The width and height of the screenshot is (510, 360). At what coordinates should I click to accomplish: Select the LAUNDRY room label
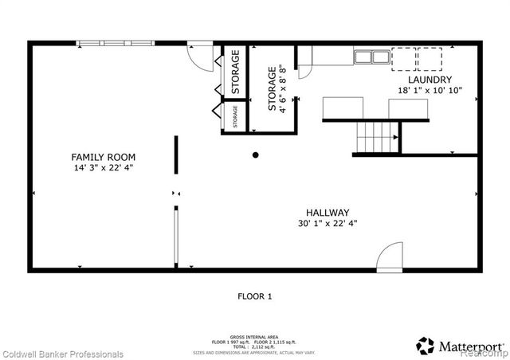(430, 80)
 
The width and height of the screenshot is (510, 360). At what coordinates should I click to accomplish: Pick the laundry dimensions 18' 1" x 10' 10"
(430, 91)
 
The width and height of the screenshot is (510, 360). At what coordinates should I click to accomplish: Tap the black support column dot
(256, 155)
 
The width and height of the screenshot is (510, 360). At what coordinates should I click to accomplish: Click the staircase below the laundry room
(375, 139)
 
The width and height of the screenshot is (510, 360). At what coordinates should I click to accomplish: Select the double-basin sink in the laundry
(368, 57)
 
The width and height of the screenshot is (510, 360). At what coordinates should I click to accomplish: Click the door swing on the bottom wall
(390, 258)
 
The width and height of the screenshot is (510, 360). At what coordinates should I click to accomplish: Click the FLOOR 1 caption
(255, 297)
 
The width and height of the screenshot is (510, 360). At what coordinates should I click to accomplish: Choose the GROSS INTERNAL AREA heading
(254, 337)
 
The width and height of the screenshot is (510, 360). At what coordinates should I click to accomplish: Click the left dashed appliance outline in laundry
(404, 59)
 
